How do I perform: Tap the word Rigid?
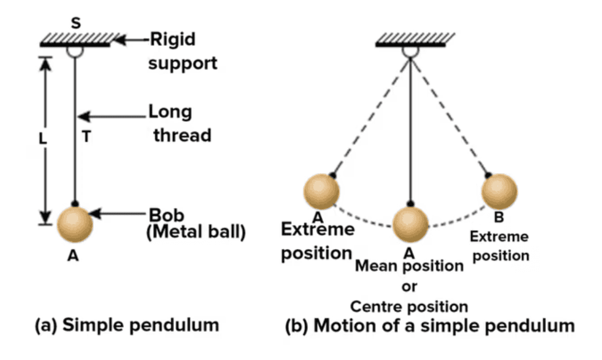[x=171, y=40]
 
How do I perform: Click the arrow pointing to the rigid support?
[x=131, y=40]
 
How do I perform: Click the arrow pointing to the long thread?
[x=112, y=117]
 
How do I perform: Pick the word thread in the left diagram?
[x=182, y=135]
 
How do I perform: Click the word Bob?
[x=166, y=215]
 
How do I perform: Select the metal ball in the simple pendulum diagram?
[x=75, y=225]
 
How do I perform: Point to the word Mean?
[x=378, y=266]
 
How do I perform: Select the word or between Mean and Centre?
[x=409, y=286]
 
